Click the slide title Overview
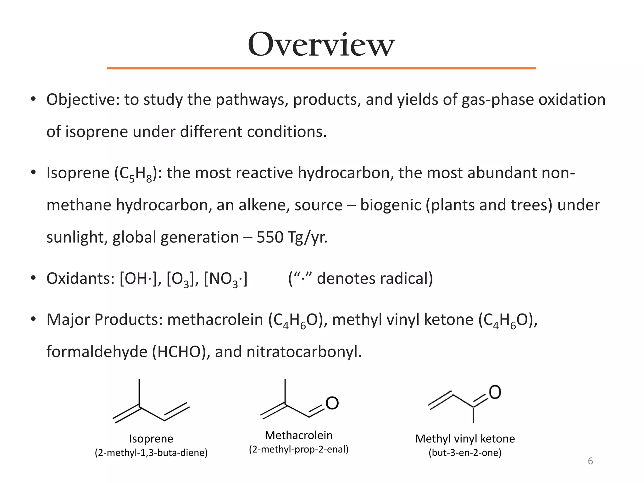pos(321,45)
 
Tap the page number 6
pos(590,461)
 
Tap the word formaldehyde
pos(97,352)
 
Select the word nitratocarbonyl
pos(303,352)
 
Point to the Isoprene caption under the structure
pos(151,439)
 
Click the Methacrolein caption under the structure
pos(299,435)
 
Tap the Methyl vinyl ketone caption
pos(465,439)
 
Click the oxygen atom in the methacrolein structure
pos(332,403)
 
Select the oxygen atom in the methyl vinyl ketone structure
pos(495,392)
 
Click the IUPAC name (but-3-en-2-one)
pos(465,453)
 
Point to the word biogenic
pos(390,205)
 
